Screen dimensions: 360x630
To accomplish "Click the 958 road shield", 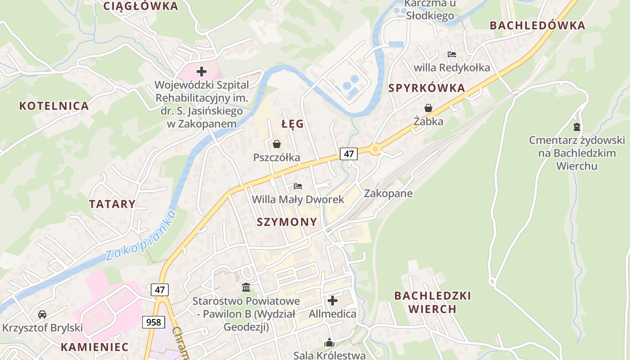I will tap(153, 322).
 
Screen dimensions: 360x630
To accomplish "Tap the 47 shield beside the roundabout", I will tap(348, 153).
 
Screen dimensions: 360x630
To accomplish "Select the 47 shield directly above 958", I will tap(160, 289).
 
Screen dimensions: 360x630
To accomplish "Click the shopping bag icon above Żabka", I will tap(428, 108).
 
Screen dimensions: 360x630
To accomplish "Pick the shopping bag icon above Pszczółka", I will tap(276, 144).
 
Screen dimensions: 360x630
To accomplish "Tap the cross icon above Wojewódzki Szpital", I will tap(201, 71).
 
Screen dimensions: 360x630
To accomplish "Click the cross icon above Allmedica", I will tap(333, 300).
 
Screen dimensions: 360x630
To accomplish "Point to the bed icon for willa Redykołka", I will tap(451, 54).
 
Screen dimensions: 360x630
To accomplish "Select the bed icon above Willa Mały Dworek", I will tap(297, 186).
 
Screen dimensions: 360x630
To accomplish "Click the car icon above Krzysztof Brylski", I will tap(42, 314).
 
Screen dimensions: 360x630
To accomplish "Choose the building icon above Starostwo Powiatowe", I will tap(246, 287).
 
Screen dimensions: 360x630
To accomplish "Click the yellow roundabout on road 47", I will tap(375, 149).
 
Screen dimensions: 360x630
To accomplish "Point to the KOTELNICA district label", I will tap(54, 106).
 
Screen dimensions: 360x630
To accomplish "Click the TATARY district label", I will tap(112, 204).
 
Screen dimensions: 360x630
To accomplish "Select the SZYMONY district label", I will tap(287, 222).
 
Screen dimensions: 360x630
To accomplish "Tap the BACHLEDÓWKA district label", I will tap(537, 26).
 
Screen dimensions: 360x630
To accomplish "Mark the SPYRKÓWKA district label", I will tap(427, 88).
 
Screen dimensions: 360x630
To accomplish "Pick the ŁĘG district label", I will tap(292, 124).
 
